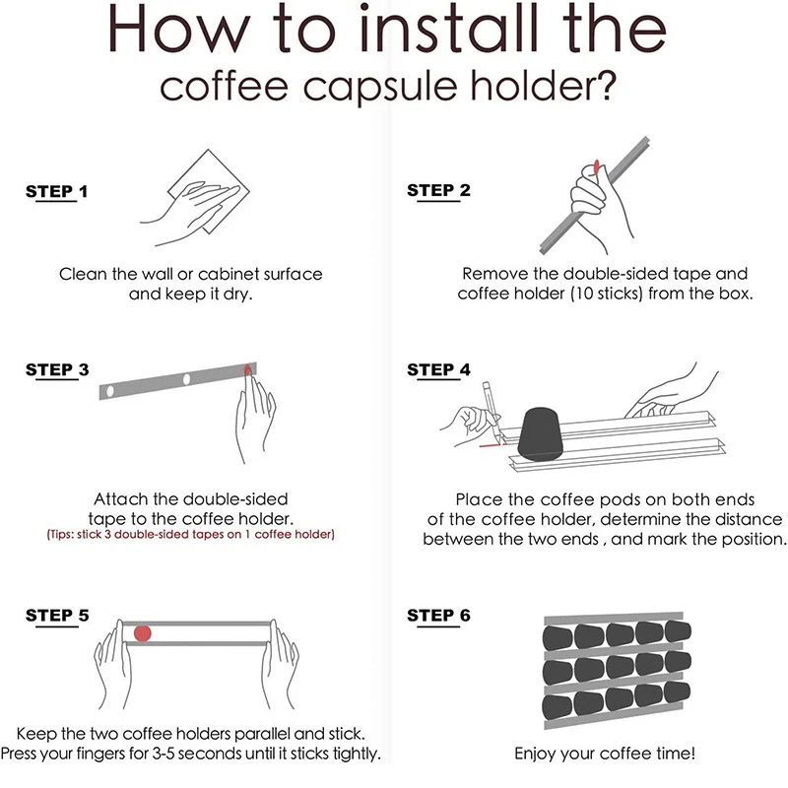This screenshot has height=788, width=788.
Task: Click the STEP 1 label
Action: click(x=57, y=191)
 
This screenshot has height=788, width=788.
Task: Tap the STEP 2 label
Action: click(x=438, y=190)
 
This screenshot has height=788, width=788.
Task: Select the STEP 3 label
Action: click(x=57, y=370)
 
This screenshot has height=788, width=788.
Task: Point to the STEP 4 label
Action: click(x=438, y=370)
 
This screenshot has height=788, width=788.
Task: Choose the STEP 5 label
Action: click(x=57, y=616)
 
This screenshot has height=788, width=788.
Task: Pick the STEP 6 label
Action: click(x=438, y=616)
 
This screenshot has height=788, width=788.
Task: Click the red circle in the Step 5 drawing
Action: click(x=143, y=633)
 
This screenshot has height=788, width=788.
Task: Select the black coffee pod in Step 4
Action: click(x=540, y=434)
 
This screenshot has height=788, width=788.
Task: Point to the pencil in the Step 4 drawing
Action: click(x=491, y=411)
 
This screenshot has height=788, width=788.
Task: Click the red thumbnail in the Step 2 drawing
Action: click(x=597, y=166)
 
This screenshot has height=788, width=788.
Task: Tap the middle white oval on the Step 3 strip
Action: click(x=186, y=379)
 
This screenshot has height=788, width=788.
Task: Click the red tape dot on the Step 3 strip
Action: click(x=248, y=370)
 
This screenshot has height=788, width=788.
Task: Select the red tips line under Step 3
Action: click(x=190, y=534)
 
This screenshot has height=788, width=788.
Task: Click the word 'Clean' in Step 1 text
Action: click(x=83, y=275)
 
